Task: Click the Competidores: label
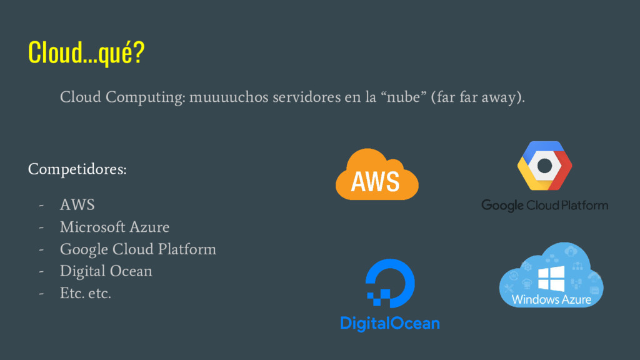click(x=77, y=169)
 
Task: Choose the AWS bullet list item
click(x=77, y=204)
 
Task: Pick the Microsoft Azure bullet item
click(x=114, y=227)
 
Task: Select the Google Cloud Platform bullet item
click(x=137, y=249)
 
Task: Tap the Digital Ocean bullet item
click(x=106, y=271)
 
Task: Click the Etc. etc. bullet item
click(x=85, y=293)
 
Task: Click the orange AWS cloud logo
click(x=376, y=175)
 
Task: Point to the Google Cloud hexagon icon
click(x=544, y=165)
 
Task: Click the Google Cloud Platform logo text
click(x=544, y=205)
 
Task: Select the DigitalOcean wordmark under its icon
click(x=389, y=323)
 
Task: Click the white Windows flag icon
click(x=551, y=278)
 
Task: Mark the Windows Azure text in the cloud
click(x=551, y=300)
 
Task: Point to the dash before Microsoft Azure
click(x=41, y=227)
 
